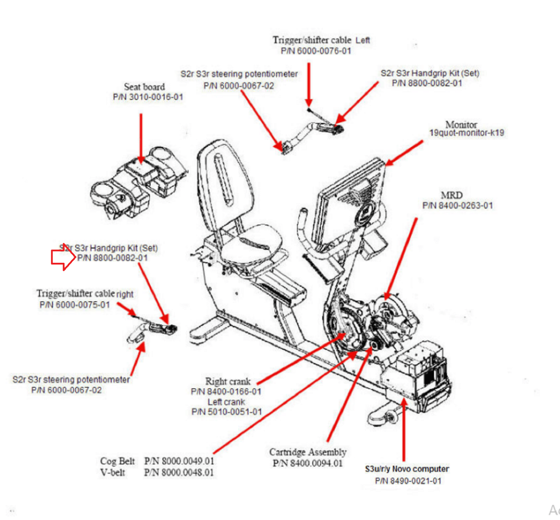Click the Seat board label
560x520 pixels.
click(x=144, y=87)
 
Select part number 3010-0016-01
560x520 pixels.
click(x=148, y=97)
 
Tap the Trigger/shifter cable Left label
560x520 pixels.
click(x=321, y=40)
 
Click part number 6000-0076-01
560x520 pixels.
click(x=316, y=51)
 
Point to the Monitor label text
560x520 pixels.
click(x=461, y=125)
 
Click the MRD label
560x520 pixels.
click(x=451, y=195)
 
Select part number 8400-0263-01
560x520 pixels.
click(x=457, y=205)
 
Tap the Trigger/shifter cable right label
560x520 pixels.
click(x=85, y=294)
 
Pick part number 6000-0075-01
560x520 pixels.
click(x=75, y=305)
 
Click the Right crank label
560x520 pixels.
click(x=228, y=381)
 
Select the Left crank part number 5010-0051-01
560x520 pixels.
click(x=227, y=412)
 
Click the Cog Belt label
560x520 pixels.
click(x=117, y=461)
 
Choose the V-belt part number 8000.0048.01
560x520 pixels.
click(x=179, y=472)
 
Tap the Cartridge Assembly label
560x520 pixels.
click(x=308, y=452)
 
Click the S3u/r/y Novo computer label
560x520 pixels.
click(x=407, y=469)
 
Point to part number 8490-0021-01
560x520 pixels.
click(x=408, y=481)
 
